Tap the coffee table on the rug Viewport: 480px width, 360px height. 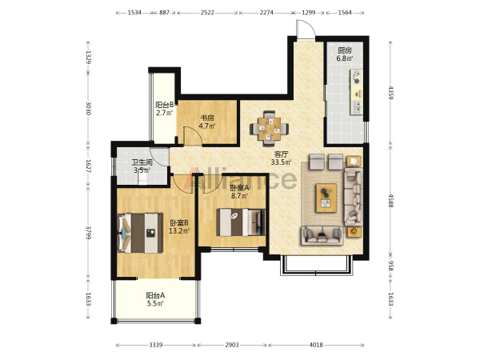pyautogui.click(x=326, y=198)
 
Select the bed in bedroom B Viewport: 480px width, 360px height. pyautogui.click(x=140, y=234)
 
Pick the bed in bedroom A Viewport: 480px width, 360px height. pyautogui.click(x=241, y=222)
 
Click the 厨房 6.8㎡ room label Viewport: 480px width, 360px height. pyautogui.click(x=345, y=54)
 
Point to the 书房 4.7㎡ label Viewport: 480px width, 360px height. pyautogui.click(x=207, y=122)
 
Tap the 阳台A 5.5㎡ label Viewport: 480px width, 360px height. pyautogui.click(x=155, y=300)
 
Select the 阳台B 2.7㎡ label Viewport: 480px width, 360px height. pyautogui.click(x=165, y=109)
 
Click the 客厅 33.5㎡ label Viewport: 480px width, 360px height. pyautogui.click(x=281, y=158)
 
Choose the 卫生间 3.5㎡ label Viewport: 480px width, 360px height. pyautogui.click(x=142, y=166)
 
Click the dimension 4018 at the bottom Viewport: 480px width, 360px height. pyautogui.click(x=316, y=345)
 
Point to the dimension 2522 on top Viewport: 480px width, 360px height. pyautogui.click(x=207, y=13)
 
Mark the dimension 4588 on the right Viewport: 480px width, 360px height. pyautogui.click(x=390, y=201)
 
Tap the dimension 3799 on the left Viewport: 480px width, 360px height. pyautogui.click(x=89, y=233)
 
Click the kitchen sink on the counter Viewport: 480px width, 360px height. pyautogui.click(x=357, y=106)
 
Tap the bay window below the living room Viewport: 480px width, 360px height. pyautogui.click(x=316, y=265)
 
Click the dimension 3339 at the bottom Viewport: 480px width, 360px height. pyautogui.click(x=156, y=345)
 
